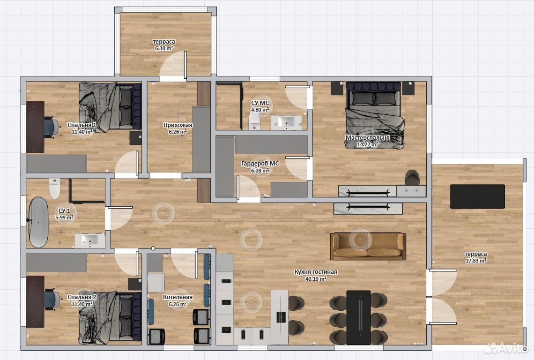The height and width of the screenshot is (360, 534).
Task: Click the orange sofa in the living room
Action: tap(368, 246)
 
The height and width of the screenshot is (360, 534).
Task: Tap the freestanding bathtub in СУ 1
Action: tap(38, 222)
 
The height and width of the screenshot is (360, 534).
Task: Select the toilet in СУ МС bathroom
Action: tap(254, 121)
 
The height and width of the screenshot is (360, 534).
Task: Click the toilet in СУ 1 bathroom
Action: tap(54, 188)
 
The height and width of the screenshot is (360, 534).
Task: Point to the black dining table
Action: tap(358, 317)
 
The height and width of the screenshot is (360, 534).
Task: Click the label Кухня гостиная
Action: tap(316, 272)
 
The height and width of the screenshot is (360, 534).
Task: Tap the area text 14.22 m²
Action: tap(367, 144)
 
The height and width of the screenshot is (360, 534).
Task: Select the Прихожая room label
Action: tap(178, 125)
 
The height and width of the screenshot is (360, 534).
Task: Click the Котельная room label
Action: tap(178, 297)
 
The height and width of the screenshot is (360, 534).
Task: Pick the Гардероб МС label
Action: tap(260, 164)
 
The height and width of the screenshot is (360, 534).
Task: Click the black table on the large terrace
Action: tap(477, 196)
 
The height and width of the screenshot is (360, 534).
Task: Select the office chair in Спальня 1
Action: tap(51, 127)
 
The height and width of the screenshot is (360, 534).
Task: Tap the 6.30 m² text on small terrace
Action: tap(164, 48)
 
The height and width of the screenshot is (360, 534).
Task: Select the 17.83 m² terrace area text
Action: tap(476, 261)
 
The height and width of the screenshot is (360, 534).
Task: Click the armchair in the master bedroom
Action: tap(412, 177)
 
